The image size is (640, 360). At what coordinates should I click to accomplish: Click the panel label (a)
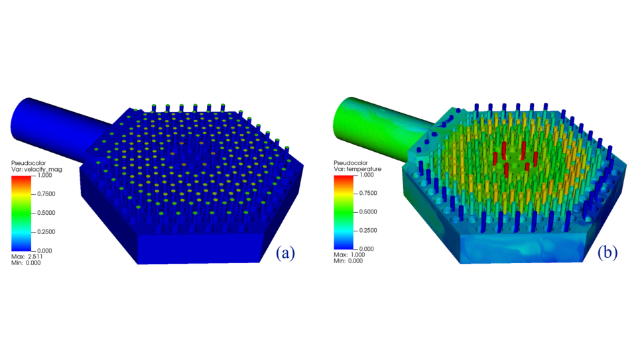[x=285, y=253]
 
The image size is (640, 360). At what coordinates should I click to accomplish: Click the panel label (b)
[x=607, y=253]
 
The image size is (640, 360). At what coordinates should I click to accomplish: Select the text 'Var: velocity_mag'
[x=36, y=169]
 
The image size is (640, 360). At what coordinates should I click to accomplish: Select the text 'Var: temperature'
[x=357, y=169]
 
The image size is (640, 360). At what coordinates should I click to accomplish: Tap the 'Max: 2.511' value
[x=27, y=257]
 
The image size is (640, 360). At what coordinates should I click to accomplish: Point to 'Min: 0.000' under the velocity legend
[x=26, y=263]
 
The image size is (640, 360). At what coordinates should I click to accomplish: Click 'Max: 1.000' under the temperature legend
[x=350, y=255]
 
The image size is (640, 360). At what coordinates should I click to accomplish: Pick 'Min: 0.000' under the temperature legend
[x=348, y=261]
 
